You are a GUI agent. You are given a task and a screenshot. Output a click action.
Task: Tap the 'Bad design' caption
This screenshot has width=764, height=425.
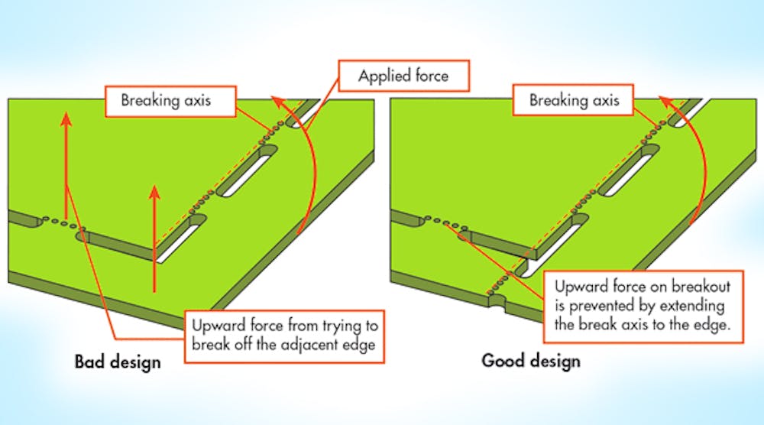coord(118,361)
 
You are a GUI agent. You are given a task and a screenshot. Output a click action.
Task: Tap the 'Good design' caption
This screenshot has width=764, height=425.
coord(531,360)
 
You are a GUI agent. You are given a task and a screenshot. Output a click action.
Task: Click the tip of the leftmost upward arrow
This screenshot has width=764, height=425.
coord(65,114)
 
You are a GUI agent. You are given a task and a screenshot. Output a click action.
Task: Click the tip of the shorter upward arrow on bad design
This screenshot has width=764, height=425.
coord(155,187)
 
